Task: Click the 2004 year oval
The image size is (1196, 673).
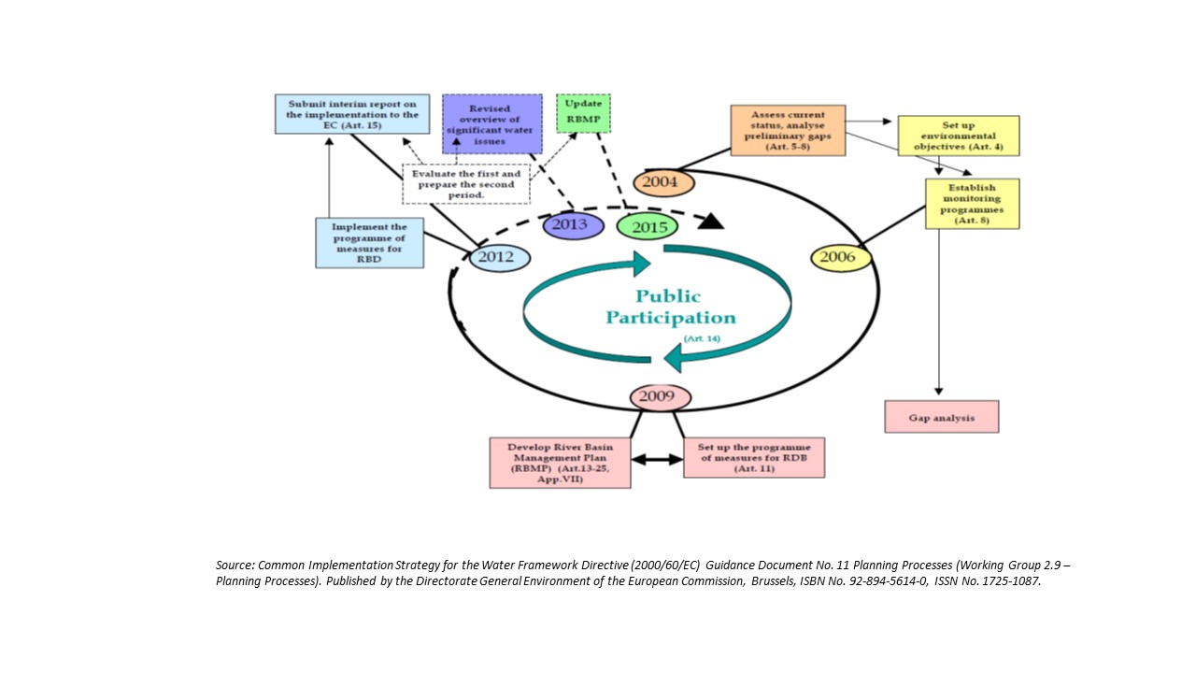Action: tap(664, 182)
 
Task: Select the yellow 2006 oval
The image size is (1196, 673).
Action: tap(840, 257)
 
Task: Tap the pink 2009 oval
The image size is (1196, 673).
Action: tap(660, 396)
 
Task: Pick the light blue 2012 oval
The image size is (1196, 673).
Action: tap(499, 257)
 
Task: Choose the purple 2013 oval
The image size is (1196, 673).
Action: tap(573, 225)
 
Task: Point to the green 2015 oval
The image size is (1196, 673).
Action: tap(647, 226)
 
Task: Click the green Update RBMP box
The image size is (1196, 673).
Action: tap(583, 113)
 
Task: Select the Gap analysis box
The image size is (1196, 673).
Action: tap(941, 417)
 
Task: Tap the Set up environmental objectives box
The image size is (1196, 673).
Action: tap(958, 136)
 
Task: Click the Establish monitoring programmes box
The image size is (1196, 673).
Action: tap(972, 204)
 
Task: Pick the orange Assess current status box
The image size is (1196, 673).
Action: tap(788, 131)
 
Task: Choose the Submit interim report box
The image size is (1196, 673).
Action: tap(352, 113)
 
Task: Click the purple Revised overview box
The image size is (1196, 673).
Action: tap(491, 122)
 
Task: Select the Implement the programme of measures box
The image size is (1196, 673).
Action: tap(369, 243)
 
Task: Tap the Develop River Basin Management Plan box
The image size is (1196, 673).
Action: tap(560, 463)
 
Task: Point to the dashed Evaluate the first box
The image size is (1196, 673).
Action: tap(466, 184)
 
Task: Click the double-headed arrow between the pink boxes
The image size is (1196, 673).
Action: tap(657, 460)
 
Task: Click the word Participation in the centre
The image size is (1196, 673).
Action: tap(670, 318)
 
